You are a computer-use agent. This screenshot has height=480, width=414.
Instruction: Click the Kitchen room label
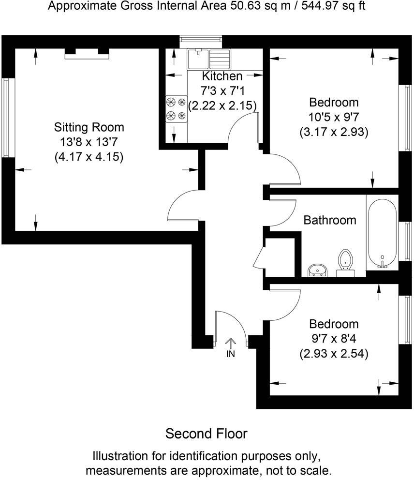click(x=222, y=76)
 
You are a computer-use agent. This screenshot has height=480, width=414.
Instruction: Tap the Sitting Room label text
click(x=89, y=127)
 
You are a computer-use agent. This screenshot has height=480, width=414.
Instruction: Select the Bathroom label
click(x=330, y=220)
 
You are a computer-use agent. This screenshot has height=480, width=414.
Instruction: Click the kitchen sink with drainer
click(x=209, y=59)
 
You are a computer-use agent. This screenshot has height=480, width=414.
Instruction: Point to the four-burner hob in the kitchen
click(x=176, y=108)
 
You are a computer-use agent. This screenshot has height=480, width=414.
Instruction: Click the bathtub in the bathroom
click(x=382, y=235)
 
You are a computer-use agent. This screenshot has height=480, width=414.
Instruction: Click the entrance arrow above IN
click(x=230, y=343)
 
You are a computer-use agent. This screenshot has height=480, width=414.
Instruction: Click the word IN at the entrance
click(x=230, y=354)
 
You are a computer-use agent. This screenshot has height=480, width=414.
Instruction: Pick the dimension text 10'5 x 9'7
click(x=334, y=117)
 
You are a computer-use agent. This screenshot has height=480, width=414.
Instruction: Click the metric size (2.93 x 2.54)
click(x=334, y=354)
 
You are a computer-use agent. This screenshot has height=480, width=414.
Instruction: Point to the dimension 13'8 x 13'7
click(x=89, y=142)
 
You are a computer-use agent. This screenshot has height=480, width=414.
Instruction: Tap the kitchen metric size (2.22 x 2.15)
click(x=222, y=105)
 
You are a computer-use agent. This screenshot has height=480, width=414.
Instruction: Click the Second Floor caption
click(x=207, y=434)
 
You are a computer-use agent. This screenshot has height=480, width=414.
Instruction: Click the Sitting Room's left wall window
click(x=5, y=118)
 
